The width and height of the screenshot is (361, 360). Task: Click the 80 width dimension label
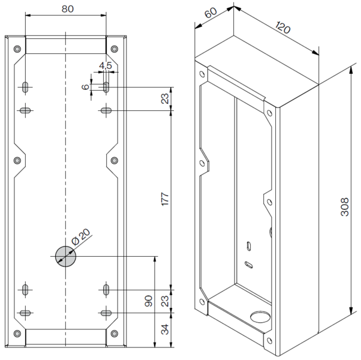(x=67, y=9)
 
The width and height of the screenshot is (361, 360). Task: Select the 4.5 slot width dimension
(x=105, y=65)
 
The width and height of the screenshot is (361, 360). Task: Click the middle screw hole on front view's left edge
(x=17, y=160)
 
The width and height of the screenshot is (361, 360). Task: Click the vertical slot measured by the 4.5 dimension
(x=106, y=87)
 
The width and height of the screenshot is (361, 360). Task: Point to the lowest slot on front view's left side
(x=25, y=313)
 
